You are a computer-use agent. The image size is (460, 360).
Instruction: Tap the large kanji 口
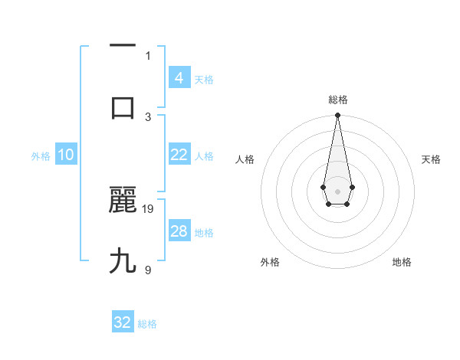[x=123, y=107]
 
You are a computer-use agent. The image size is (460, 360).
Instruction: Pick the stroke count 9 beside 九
[x=148, y=270]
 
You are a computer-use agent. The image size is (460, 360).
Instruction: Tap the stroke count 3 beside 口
[x=148, y=116]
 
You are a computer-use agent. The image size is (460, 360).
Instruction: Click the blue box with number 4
[x=179, y=77]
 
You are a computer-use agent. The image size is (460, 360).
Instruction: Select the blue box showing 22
[x=179, y=155]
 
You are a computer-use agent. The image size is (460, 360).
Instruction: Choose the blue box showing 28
[x=179, y=231]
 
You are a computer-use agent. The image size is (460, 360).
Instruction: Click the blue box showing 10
[x=65, y=155]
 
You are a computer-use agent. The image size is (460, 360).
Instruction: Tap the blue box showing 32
[x=123, y=322]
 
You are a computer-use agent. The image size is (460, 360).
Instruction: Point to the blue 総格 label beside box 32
[x=147, y=324]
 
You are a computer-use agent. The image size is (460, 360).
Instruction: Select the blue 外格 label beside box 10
[x=41, y=156]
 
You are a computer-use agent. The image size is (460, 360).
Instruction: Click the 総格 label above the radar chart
[x=337, y=100]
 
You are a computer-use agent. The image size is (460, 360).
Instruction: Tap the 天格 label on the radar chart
[x=431, y=159]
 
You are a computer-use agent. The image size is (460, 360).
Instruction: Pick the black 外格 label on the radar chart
[x=270, y=262]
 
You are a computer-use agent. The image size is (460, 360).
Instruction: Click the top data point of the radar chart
[x=337, y=116]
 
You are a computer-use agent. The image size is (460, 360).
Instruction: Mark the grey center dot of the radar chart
[x=337, y=190]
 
